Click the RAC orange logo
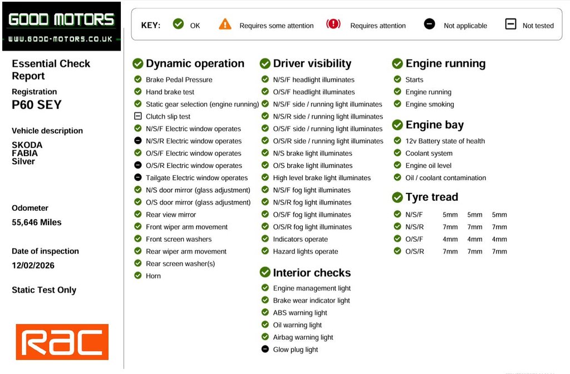pyautogui.click(x=62, y=342)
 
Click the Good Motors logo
pyautogui.click(x=61, y=26)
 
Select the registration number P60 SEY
pyautogui.click(x=37, y=105)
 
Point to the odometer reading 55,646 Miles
pyautogui.click(x=37, y=222)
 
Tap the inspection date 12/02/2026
pyautogui.click(x=33, y=266)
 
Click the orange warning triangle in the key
pyautogui.click(x=225, y=24)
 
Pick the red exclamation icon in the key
pyautogui.click(x=333, y=24)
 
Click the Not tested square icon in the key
pyautogui.click(x=510, y=24)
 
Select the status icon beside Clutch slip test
pyautogui.click(x=138, y=116)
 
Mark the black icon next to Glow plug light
pyautogui.click(x=265, y=350)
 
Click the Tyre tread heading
pyautogui.click(x=431, y=197)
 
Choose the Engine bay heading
pyautogui.click(x=434, y=125)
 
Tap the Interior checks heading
pyautogui.click(x=312, y=273)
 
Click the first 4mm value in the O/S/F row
pyautogui.click(x=450, y=240)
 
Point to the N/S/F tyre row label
pyautogui.click(x=414, y=215)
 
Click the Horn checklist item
pyautogui.click(x=153, y=276)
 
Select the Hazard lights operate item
pyautogui.click(x=305, y=252)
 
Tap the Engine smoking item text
pyautogui.click(x=429, y=104)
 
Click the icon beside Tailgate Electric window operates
pyautogui.click(x=138, y=178)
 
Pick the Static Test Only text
pyautogui.click(x=44, y=290)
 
